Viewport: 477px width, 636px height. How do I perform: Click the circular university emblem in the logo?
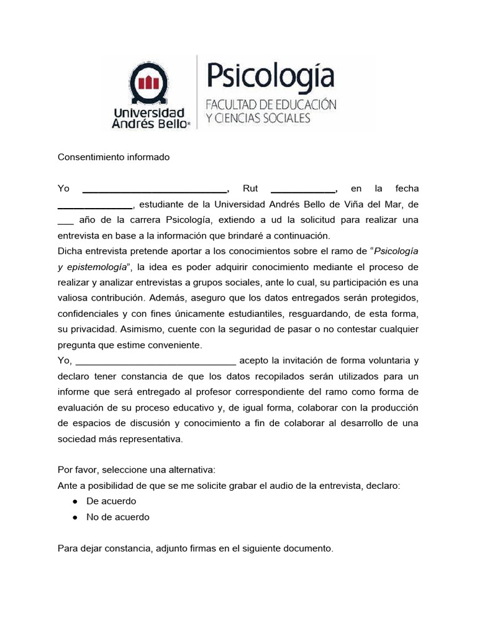[148, 83]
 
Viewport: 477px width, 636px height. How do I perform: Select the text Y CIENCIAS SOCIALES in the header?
[258, 118]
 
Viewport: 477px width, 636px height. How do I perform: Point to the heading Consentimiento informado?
[113, 157]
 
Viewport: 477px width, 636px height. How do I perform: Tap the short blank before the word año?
[66, 220]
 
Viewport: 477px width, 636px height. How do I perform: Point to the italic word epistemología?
[94, 266]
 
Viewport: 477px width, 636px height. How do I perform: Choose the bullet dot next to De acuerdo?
[75, 501]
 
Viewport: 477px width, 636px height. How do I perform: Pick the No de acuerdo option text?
[117, 517]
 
